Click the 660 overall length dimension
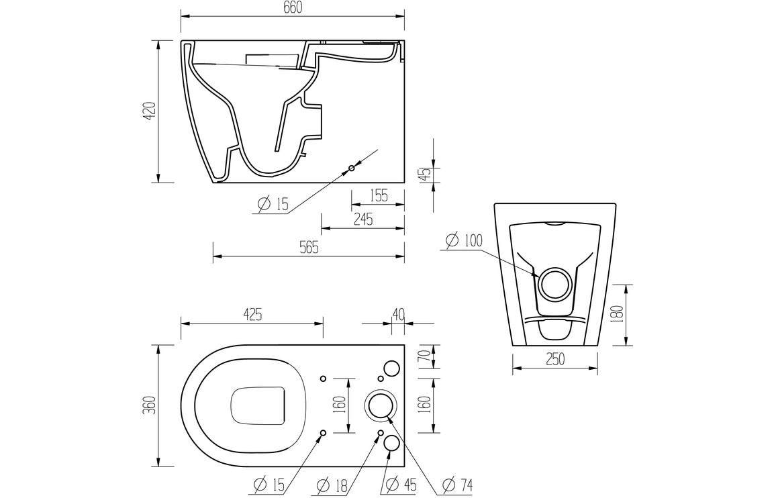[293, 7]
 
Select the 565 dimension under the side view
[308, 248]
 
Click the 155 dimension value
[378, 195]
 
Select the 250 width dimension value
[554, 360]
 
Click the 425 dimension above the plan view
[252, 314]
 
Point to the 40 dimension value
[398, 314]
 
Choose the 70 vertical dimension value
[424, 356]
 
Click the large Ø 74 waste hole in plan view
[380, 406]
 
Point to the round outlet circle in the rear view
[555, 283]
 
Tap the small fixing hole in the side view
[351, 168]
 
